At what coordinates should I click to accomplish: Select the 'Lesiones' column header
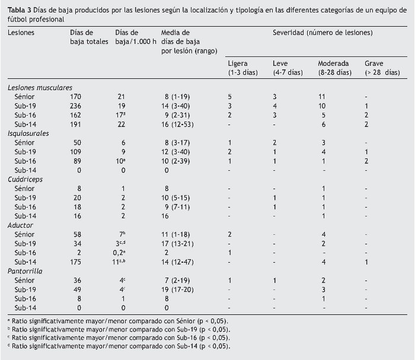tap(21, 31)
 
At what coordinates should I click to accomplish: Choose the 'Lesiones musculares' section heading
tap(40, 87)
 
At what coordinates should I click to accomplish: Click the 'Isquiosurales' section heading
tap(28, 133)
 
